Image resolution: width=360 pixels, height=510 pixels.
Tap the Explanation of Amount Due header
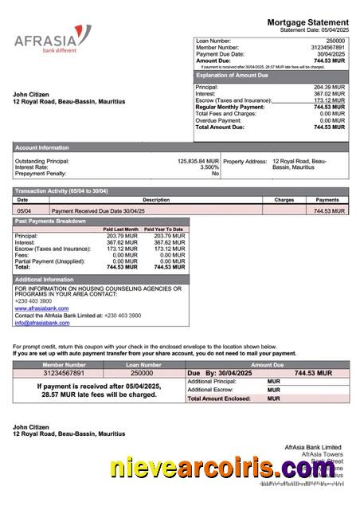click(x=237, y=75)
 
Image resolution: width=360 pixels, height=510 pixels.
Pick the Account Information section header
click(x=42, y=147)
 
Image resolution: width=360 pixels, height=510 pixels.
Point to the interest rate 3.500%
click(x=209, y=167)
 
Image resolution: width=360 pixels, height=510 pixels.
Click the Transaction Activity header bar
click(x=61, y=191)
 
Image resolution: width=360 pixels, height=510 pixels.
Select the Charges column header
click(x=284, y=200)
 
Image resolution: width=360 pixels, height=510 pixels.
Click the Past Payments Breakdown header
click(x=50, y=221)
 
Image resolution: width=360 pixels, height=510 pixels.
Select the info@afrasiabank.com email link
click(x=41, y=323)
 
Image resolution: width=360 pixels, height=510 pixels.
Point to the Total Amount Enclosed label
click(x=219, y=398)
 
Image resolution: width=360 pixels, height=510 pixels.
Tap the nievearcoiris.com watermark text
click(x=222, y=470)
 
